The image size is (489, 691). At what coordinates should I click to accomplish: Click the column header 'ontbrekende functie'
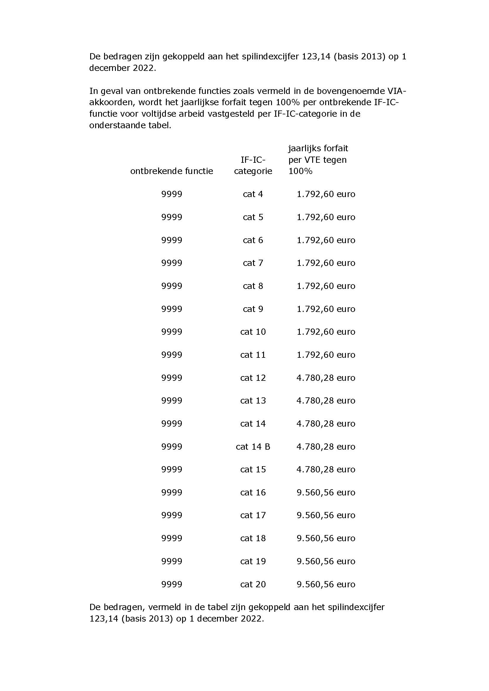point(171,171)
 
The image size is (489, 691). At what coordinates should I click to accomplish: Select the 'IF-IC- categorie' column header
point(253,165)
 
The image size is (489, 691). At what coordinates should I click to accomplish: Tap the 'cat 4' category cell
point(253,194)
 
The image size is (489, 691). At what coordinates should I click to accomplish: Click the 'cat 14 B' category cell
point(253,446)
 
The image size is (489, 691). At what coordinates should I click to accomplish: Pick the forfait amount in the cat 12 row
point(326,378)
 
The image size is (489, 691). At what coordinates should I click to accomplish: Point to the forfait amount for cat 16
point(326,492)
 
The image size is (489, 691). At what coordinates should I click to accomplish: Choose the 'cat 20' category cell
point(253,584)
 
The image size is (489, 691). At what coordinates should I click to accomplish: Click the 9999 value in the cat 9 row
point(172,309)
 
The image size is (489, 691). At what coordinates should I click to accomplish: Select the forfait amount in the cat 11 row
point(326,355)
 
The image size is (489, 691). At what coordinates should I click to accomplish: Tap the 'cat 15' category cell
point(253,469)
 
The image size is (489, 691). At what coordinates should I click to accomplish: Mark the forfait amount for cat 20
point(326,584)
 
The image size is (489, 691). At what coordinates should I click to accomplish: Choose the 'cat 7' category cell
point(253,263)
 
